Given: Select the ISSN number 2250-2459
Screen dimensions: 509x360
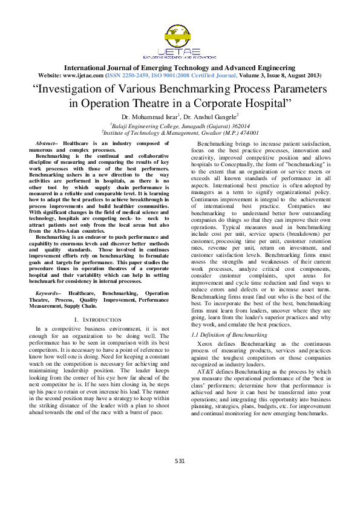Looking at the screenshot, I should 134,76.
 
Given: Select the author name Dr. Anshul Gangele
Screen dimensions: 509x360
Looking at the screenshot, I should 212,116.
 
